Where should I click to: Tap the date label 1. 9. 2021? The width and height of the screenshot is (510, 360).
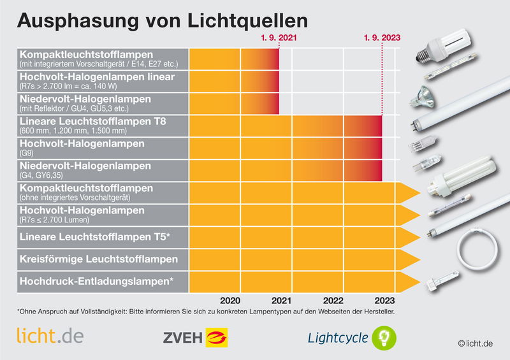pyautogui.click(x=279, y=38)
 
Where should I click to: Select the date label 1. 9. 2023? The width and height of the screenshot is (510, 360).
pyautogui.click(x=382, y=38)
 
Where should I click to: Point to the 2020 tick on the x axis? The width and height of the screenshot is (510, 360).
pyautogui.click(x=229, y=300)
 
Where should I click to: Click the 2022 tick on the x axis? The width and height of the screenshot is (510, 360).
pyautogui.click(x=333, y=300)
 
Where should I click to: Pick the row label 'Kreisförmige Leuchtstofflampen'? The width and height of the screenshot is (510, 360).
pyautogui.click(x=99, y=259)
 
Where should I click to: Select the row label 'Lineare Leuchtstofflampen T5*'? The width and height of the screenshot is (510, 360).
pyautogui.click(x=94, y=238)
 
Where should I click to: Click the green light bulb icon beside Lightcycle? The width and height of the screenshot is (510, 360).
pyautogui.click(x=384, y=336)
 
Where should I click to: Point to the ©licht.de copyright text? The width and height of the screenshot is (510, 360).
pyautogui.click(x=476, y=344)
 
